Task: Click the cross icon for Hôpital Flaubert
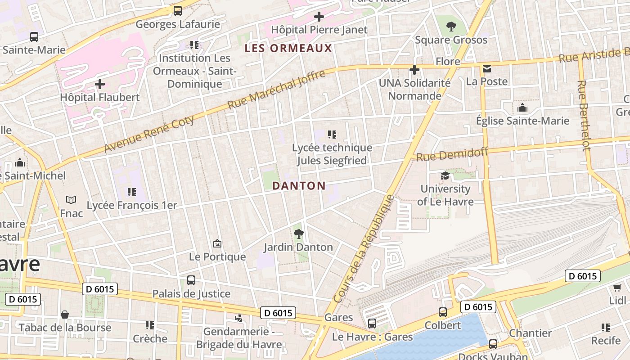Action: pyautogui.click(x=100, y=84)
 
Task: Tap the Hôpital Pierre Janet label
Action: pyautogui.click(x=319, y=30)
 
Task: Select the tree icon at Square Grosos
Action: pyautogui.click(x=451, y=27)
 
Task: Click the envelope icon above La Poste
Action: pyautogui.click(x=487, y=69)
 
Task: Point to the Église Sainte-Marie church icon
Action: pyautogui.click(x=522, y=108)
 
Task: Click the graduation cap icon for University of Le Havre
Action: pyautogui.click(x=445, y=176)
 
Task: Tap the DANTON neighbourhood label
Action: pyautogui.click(x=299, y=186)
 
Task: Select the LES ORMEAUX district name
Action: pyautogui.click(x=288, y=48)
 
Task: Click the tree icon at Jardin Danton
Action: pyautogui.click(x=298, y=234)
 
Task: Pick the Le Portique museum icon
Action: pyautogui.click(x=217, y=244)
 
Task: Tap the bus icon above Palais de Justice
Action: pyautogui.click(x=191, y=280)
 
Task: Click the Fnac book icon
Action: pyautogui.click(x=71, y=200)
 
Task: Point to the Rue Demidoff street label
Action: pyautogui.click(x=452, y=155)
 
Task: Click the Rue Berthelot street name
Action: pyautogui.click(x=583, y=115)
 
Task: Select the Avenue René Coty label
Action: pyautogui.click(x=149, y=134)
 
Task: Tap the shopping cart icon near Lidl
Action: pyautogui.click(x=617, y=288)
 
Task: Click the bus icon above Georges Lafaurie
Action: pyautogui.click(x=178, y=11)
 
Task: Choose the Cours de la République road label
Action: pyautogui.click(x=365, y=248)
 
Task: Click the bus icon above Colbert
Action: pyautogui.click(x=443, y=312)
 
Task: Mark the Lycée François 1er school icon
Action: pyautogui.click(x=131, y=192)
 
